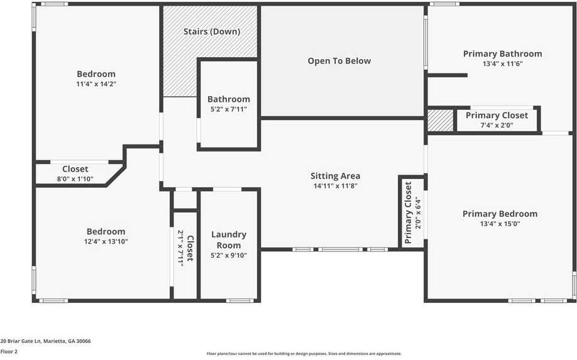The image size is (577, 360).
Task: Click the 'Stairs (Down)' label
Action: (211, 31)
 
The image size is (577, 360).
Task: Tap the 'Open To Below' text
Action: (339, 61)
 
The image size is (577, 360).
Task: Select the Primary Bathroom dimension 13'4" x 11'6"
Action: (502, 64)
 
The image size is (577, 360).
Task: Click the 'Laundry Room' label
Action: (229, 239)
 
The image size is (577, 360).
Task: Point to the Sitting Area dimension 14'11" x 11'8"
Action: (335, 186)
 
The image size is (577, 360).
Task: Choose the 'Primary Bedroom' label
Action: (500, 214)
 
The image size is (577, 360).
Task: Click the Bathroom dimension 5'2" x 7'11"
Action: (228, 109)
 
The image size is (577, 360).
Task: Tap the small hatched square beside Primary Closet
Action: (440, 120)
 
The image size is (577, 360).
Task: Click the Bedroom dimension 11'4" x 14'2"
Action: (96, 84)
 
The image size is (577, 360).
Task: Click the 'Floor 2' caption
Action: (9, 352)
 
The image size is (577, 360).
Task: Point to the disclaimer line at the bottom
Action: (304, 354)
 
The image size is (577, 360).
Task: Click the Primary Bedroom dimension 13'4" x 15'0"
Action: (500, 224)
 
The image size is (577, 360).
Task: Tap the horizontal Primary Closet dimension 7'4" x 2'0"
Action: (497, 125)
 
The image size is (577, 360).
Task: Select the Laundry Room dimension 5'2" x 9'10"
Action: (229, 255)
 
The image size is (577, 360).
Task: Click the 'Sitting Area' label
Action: (335, 176)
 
